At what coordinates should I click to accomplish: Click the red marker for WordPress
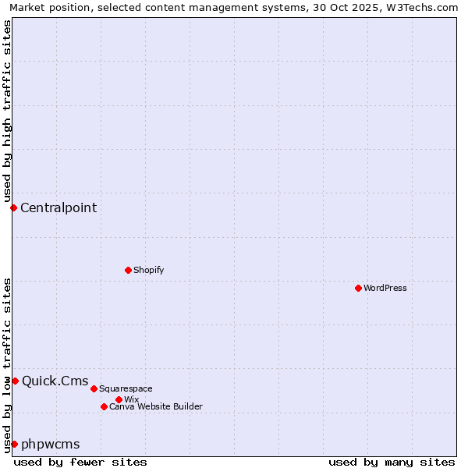pos(358,288)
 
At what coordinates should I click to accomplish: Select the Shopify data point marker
pos(128,270)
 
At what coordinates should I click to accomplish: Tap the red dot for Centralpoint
pos(13,207)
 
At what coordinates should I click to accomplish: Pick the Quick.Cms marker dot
pos(15,381)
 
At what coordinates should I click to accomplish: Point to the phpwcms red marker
pos(14,444)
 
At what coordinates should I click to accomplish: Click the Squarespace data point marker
pos(94,388)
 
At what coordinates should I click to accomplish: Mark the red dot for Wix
pos(119,399)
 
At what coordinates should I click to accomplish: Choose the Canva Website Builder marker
pos(104,406)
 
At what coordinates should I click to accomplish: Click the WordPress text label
pos(385,288)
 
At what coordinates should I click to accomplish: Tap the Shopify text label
pos(148,270)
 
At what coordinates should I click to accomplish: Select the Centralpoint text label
pos(58,207)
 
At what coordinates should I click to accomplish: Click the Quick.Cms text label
pos(55,381)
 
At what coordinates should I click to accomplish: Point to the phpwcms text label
pos(51,444)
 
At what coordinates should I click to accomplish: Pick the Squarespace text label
pos(126,388)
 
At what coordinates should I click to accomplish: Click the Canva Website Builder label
pos(156,406)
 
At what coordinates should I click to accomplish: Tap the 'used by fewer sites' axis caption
pos(80,462)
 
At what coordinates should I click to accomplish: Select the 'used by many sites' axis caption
pos(392,462)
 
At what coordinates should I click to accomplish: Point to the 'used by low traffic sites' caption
pos(7,364)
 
